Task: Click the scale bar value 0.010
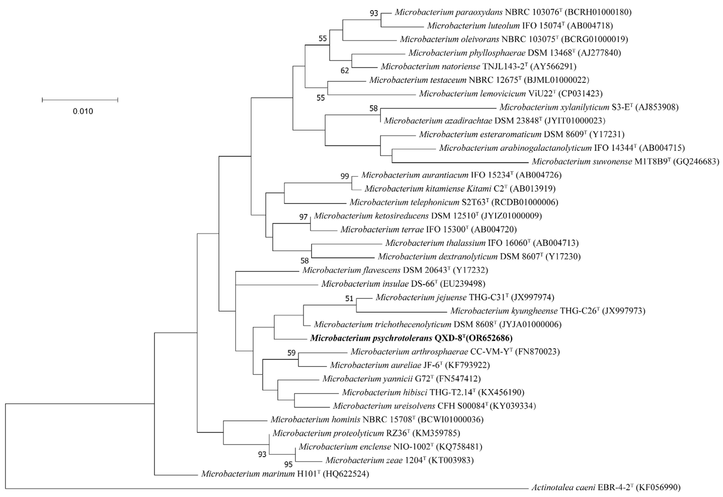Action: (83, 111)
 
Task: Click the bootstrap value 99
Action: (345, 176)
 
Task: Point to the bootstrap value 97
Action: (303, 217)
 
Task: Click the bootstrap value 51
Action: (349, 299)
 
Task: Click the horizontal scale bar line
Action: (80, 100)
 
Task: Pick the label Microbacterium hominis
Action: (315, 420)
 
